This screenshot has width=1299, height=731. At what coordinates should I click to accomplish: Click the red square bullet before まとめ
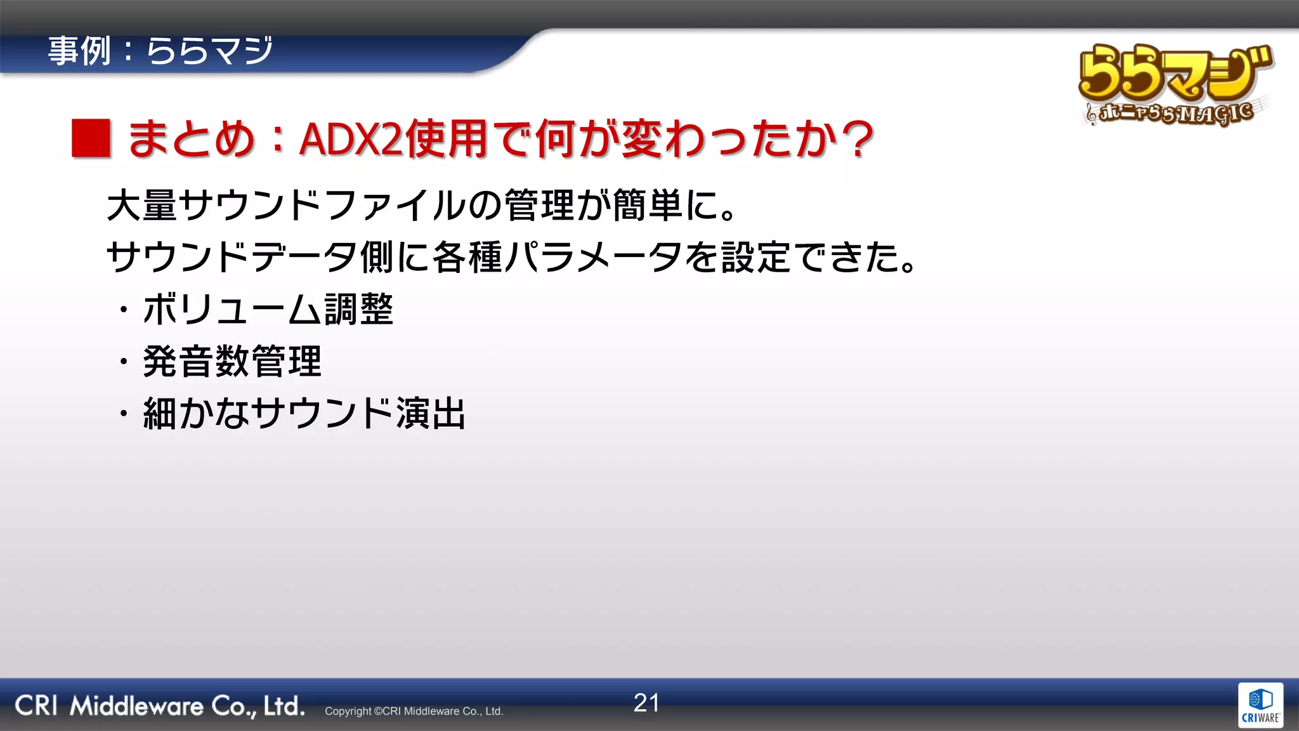coord(91,138)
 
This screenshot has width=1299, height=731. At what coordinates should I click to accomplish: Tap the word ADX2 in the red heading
coord(351,139)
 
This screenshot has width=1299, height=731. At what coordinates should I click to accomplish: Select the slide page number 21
coord(646,703)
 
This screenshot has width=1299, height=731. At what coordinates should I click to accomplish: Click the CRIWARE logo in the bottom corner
coord(1260,705)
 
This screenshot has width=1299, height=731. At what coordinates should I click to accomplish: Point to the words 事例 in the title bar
coord(79,51)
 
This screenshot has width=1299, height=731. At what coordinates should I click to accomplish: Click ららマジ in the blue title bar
coord(210,51)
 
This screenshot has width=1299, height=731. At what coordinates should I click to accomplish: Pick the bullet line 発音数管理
coord(232,362)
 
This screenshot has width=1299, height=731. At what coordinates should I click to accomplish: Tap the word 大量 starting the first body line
coord(142,206)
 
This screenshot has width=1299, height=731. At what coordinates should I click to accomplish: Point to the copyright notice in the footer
coord(414,711)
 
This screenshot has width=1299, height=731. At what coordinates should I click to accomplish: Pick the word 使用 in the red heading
coord(447,139)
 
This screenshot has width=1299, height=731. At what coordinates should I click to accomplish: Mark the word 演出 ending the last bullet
coord(431,414)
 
